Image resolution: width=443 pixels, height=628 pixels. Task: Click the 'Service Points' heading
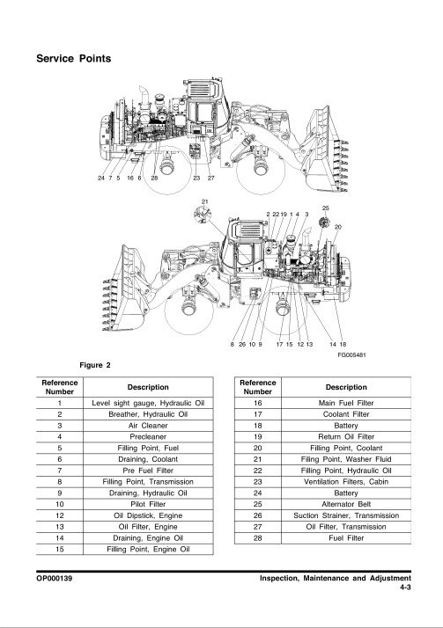tap(73, 58)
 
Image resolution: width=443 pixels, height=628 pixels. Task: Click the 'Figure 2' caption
tap(95, 365)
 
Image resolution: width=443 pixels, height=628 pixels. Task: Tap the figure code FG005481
tap(351, 354)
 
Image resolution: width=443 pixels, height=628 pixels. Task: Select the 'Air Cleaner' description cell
tap(148, 426)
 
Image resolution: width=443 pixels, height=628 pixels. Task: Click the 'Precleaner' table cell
tap(148, 436)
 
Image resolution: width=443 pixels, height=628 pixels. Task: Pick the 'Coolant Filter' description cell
tap(346, 414)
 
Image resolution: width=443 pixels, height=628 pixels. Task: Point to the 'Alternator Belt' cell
tap(346, 504)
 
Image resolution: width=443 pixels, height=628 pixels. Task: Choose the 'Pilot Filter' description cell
tap(148, 504)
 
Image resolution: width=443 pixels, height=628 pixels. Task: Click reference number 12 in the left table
tap(60, 515)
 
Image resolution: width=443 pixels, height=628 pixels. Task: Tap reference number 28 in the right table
tap(258, 538)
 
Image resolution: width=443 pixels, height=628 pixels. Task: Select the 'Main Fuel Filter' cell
tap(346, 403)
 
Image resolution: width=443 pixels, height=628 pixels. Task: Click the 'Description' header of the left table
tap(148, 387)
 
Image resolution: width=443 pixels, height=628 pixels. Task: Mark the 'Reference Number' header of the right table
tap(258, 387)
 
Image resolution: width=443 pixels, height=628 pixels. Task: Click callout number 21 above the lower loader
tap(205, 202)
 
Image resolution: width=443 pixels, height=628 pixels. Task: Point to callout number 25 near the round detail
tap(326, 208)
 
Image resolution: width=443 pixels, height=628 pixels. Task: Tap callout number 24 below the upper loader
tap(101, 178)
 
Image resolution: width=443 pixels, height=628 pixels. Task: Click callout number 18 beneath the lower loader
tap(343, 344)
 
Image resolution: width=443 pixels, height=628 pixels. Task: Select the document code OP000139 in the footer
tap(54, 579)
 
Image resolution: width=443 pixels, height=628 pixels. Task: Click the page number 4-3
tap(405, 588)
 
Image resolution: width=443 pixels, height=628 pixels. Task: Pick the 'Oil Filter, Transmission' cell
tap(346, 527)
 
